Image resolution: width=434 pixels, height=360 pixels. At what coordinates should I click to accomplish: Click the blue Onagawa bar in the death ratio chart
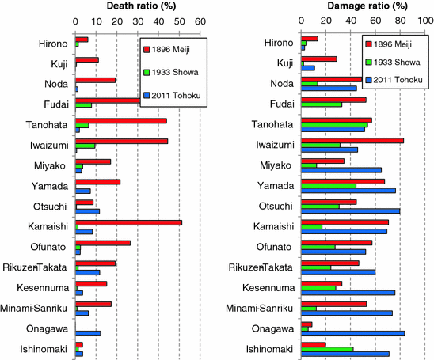88,333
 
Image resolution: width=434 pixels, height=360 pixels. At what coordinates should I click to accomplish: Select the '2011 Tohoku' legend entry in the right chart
395,80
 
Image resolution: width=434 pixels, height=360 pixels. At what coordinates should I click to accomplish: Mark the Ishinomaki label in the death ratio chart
44,349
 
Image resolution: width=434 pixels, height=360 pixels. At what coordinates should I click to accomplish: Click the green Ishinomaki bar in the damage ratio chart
327,349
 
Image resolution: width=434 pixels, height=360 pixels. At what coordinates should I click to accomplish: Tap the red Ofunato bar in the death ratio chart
103,243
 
